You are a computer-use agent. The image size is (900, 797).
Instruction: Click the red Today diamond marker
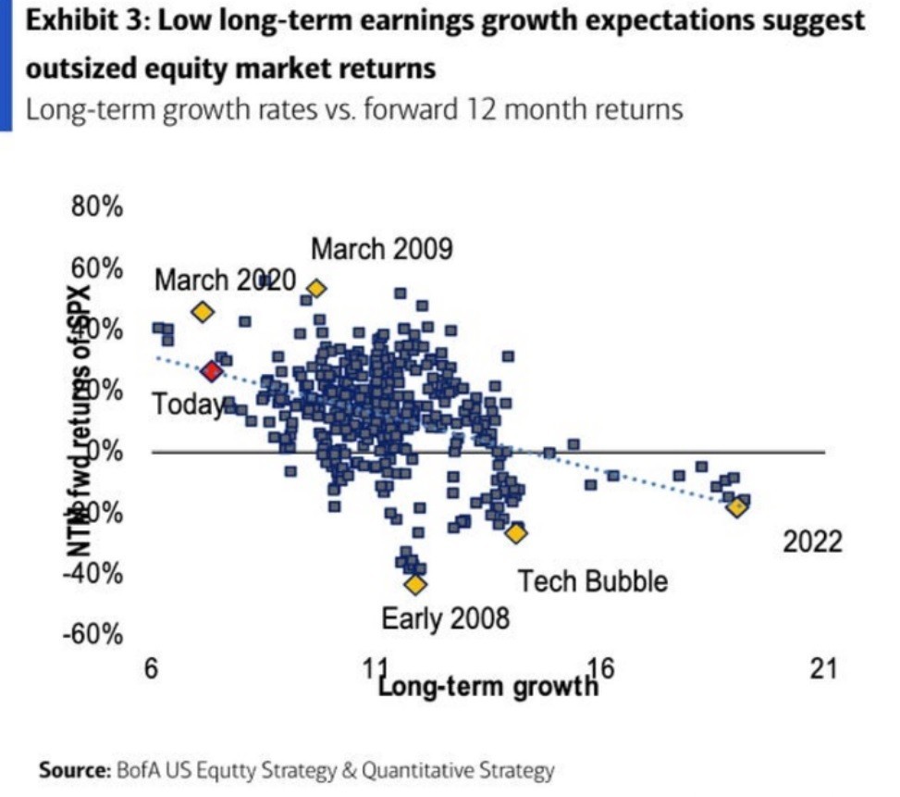pyautogui.click(x=212, y=371)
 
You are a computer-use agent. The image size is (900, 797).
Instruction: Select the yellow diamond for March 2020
pyautogui.click(x=203, y=312)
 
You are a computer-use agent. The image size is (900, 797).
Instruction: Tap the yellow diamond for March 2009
pyautogui.click(x=316, y=289)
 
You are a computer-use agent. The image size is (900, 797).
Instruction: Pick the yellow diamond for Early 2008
pyautogui.click(x=415, y=584)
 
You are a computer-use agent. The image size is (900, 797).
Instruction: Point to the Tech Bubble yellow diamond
pyautogui.click(x=515, y=532)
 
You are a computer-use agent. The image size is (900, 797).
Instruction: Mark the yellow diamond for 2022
pyautogui.click(x=736, y=506)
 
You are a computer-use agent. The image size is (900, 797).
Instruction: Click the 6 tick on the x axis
pyautogui.click(x=154, y=668)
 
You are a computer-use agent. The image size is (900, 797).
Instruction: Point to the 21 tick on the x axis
pyautogui.click(x=822, y=668)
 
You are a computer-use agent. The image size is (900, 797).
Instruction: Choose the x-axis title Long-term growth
pyautogui.click(x=488, y=687)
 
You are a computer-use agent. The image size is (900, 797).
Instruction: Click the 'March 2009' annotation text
pyautogui.click(x=381, y=249)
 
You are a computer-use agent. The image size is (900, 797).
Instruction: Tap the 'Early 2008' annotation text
pyautogui.click(x=445, y=618)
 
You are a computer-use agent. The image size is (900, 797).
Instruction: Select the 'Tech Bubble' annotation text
pyautogui.click(x=592, y=581)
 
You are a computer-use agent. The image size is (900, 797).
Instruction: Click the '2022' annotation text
pyautogui.click(x=813, y=542)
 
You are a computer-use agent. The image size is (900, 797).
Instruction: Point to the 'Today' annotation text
pyautogui.click(x=188, y=405)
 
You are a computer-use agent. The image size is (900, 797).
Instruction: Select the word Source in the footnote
pyautogui.click(x=73, y=769)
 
